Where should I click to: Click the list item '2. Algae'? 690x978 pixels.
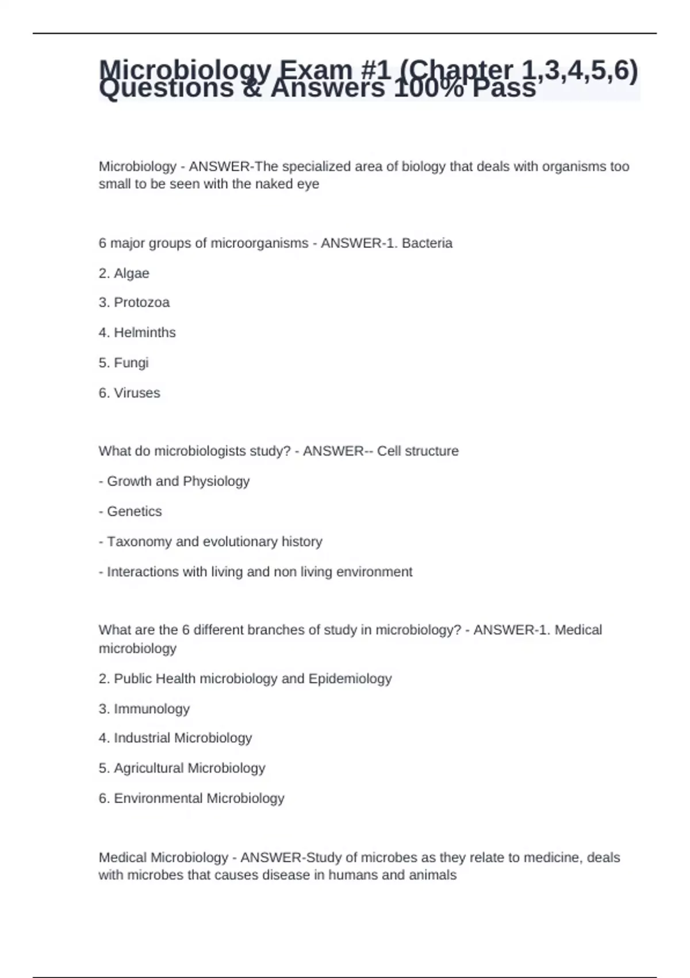tap(124, 273)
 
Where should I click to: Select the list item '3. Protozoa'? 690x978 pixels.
tap(134, 303)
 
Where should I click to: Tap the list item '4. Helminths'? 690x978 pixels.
tap(137, 333)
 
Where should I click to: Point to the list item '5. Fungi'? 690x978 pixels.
tap(124, 363)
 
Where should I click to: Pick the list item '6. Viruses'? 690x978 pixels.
tap(129, 393)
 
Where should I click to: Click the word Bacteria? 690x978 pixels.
tap(427, 243)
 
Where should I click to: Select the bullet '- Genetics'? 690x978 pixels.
tap(131, 511)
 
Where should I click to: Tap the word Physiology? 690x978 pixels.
tap(216, 482)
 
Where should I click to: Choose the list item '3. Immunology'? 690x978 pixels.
tap(144, 709)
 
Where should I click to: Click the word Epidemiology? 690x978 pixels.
tap(350, 679)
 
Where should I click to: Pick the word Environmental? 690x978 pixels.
tap(158, 799)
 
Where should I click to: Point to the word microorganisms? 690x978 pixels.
tap(259, 243)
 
